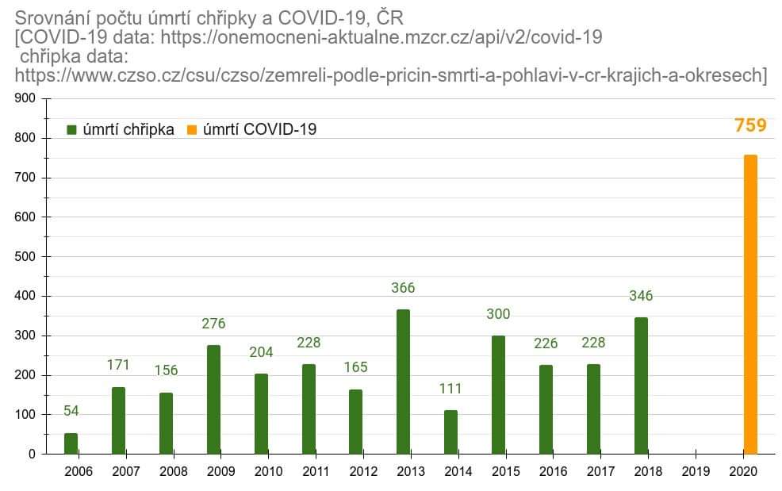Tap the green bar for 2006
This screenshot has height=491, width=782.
click(x=71, y=443)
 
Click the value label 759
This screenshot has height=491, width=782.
click(x=750, y=125)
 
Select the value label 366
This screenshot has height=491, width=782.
click(x=403, y=288)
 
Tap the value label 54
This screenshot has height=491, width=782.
click(x=71, y=411)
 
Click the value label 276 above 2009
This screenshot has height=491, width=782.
click(x=213, y=324)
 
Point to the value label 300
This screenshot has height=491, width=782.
click(x=498, y=314)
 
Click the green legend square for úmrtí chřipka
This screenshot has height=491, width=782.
click(x=71, y=129)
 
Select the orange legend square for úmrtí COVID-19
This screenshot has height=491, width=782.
click(x=191, y=129)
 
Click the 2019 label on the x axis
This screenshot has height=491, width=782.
click(x=696, y=472)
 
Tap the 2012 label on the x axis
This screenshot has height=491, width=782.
click(x=363, y=472)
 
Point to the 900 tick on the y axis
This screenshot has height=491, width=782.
click(x=25, y=98)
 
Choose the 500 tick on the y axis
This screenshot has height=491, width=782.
click(x=25, y=256)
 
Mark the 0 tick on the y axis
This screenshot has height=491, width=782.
click(x=32, y=455)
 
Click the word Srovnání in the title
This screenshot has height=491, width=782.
click(x=51, y=17)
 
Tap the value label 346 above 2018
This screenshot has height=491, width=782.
click(x=641, y=296)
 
